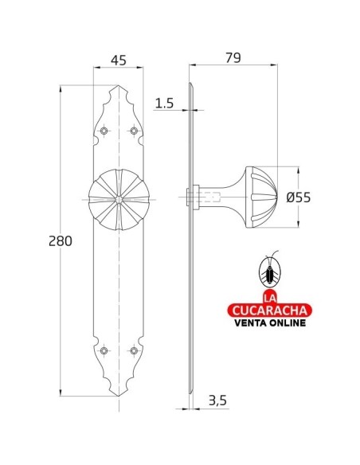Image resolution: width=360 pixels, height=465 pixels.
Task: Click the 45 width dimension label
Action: coord(119,61)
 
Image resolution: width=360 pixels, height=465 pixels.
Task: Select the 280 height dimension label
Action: coord(61,241)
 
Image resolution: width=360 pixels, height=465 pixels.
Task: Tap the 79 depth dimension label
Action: coord(233,58)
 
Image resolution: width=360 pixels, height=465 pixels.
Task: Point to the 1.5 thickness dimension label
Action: coord(164,104)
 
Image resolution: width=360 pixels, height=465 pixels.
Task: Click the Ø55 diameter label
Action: coord(299,197)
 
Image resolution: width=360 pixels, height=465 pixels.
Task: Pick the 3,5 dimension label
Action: coord(217,401)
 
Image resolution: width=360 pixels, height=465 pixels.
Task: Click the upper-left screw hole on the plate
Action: coord(104,131)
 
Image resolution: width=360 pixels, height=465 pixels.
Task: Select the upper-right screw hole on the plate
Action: coord(134,131)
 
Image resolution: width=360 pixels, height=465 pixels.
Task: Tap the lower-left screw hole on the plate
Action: coord(104,350)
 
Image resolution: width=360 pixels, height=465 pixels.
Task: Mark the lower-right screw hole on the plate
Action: coord(134,350)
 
